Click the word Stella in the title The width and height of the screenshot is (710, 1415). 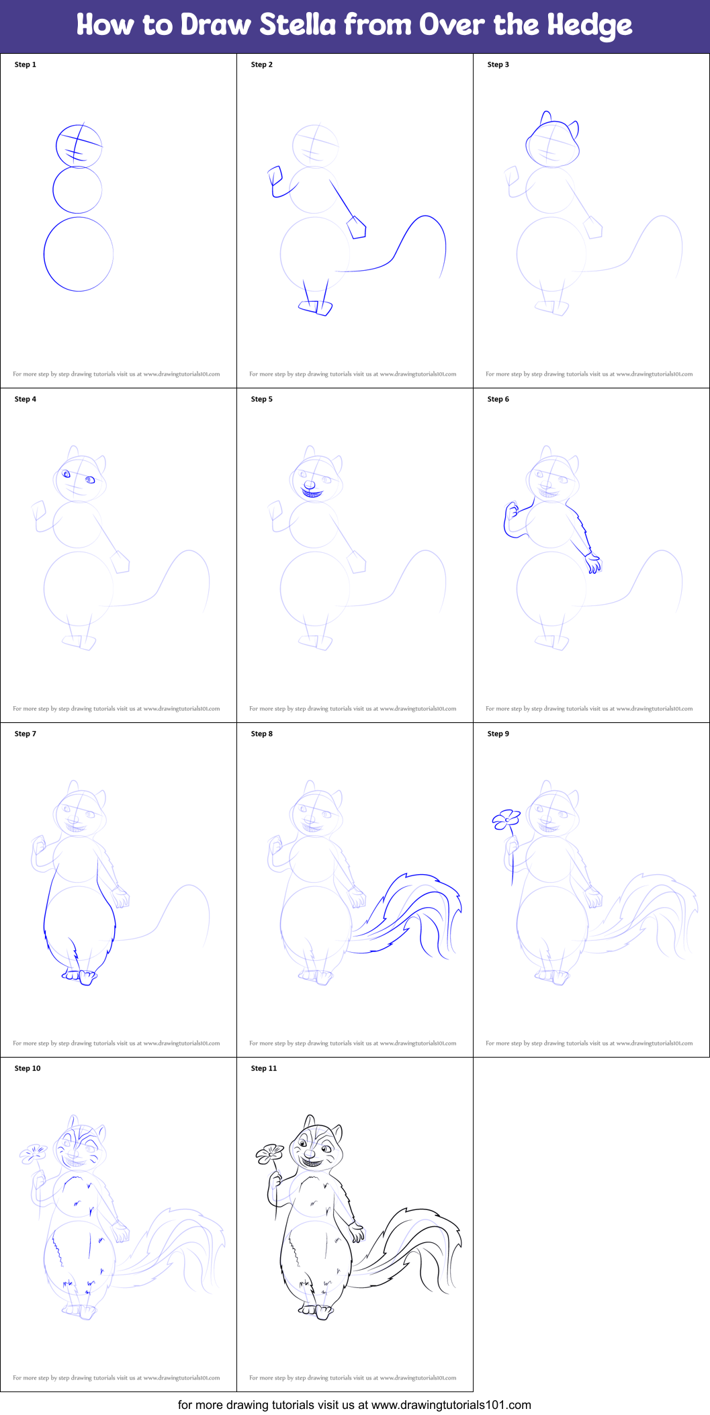click(298, 25)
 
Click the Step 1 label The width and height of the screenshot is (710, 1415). click(26, 65)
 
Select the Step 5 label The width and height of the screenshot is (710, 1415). click(262, 399)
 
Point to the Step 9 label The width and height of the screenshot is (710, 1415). click(498, 734)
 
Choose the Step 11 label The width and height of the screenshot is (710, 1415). click(264, 1068)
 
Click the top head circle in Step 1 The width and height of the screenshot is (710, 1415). click(79, 146)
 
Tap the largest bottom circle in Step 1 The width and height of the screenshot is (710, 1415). click(79, 254)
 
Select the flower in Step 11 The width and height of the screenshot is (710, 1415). click(270, 1154)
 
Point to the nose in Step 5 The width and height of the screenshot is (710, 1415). click(309, 484)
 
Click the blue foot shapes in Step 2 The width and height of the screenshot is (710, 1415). click(316, 307)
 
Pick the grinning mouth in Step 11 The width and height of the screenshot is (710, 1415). click(310, 1157)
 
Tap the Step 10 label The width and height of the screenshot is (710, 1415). click(28, 1068)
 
